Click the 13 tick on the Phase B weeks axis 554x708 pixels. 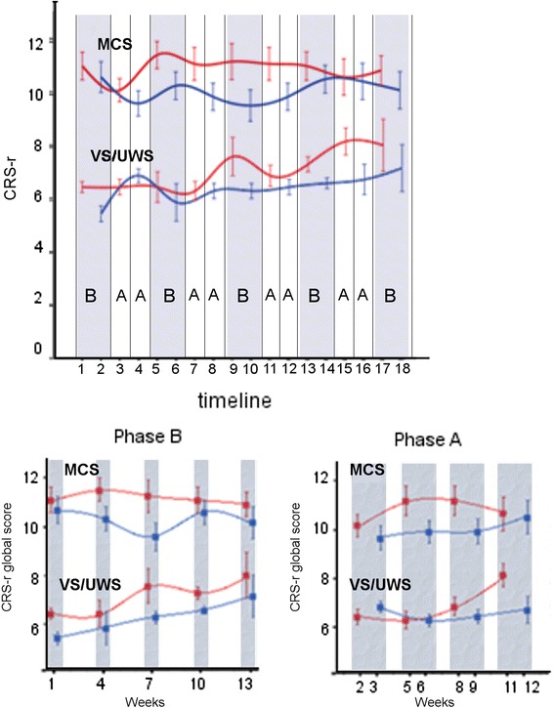click(x=245, y=676)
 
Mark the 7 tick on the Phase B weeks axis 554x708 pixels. click(x=147, y=676)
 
